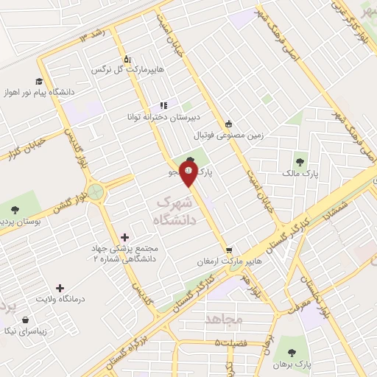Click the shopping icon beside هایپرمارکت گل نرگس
tap(127, 59)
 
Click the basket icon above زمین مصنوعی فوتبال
tap(228, 124)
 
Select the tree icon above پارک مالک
tap(299, 161)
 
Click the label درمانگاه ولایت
tap(63, 299)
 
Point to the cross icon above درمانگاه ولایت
tap(60, 288)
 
